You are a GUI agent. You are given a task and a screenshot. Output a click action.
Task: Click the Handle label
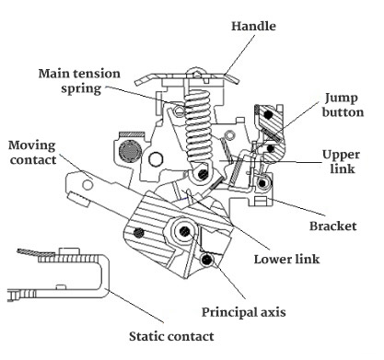pyautogui.click(x=253, y=26)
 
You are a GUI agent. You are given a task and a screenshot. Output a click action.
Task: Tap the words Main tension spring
pyautogui.click(x=79, y=81)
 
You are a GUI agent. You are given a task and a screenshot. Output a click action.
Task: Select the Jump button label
pyautogui.click(x=343, y=105)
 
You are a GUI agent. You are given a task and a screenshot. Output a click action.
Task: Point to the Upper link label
pyautogui.click(x=342, y=162)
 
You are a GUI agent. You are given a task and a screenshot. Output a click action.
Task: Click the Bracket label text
pyautogui.click(x=333, y=226)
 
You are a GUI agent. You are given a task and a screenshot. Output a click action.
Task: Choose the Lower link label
pyautogui.click(x=286, y=260)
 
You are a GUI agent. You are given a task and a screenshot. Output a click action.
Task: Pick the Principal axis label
pyautogui.click(x=244, y=312)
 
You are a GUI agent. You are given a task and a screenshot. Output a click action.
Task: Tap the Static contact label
pyautogui.click(x=171, y=336)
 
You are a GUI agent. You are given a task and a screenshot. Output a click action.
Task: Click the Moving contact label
pyautogui.click(x=32, y=153)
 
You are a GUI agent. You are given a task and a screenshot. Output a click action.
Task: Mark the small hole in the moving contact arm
pyautogui.click(x=87, y=185)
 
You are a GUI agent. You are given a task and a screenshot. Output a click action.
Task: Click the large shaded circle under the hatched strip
pyautogui.click(x=130, y=151)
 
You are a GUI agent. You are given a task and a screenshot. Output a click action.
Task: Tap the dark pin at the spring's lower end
pyautogui.click(x=203, y=174)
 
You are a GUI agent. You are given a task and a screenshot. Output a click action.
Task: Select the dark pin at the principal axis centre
pyautogui.click(x=184, y=231)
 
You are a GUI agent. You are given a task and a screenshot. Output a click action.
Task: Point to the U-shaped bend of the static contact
pyautogui.click(x=105, y=276)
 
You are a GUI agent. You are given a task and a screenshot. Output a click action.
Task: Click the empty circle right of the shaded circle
pyautogui.click(x=156, y=159)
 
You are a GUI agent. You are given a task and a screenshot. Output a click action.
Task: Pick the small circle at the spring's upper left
pyautogui.click(x=179, y=110)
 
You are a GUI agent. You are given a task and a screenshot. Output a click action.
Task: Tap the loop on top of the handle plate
pyautogui.click(x=196, y=73)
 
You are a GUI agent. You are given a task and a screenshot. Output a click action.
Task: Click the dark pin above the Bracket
pyautogui.click(x=262, y=183)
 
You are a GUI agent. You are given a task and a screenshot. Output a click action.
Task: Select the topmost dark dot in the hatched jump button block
pyautogui.click(x=269, y=115)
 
